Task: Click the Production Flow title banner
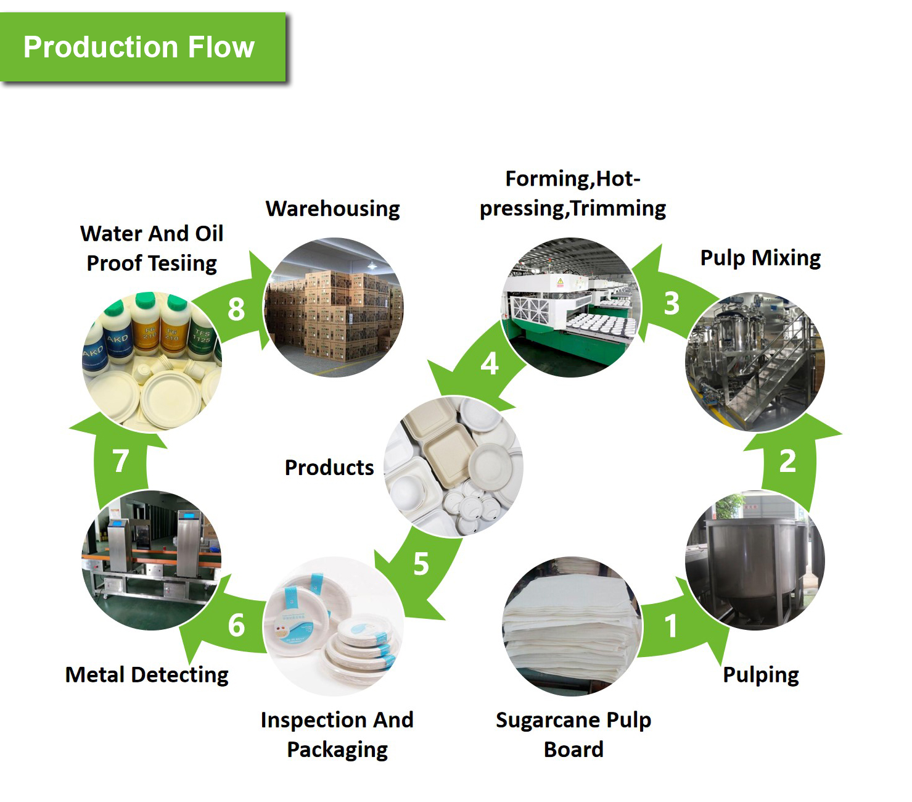click(143, 47)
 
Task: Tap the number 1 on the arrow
click(671, 626)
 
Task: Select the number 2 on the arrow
click(787, 461)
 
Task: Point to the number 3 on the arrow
click(672, 304)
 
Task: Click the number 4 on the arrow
click(489, 364)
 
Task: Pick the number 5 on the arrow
click(421, 564)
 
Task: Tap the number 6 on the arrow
click(236, 626)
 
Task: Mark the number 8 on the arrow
click(236, 309)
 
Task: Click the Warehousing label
click(333, 209)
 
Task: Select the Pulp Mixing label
click(760, 258)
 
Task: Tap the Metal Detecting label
click(147, 675)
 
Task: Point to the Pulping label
click(761, 675)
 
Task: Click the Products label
click(329, 468)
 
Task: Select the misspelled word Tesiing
click(183, 263)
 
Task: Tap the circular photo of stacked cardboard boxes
click(334, 307)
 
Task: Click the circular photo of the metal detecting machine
click(152, 560)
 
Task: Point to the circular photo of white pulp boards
click(572, 626)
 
